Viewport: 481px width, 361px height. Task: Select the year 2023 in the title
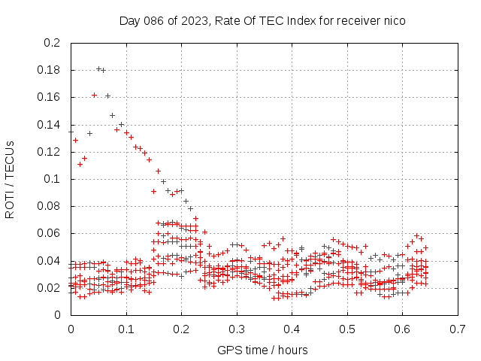point(194,21)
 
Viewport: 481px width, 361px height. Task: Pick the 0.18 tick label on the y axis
point(48,70)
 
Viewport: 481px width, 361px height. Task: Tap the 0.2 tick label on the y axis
point(52,43)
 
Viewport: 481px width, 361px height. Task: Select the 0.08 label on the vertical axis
point(48,206)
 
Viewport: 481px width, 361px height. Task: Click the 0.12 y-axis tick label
point(48,152)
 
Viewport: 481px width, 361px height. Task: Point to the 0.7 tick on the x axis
point(458,329)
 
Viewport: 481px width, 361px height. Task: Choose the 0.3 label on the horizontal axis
point(237,329)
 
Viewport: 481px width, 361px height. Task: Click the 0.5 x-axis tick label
point(347,329)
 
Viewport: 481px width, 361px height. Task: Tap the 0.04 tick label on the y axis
point(48,261)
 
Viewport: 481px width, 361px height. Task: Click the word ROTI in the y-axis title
point(10,205)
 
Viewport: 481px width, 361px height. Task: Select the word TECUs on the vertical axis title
point(10,160)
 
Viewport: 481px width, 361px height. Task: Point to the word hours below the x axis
point(292,350)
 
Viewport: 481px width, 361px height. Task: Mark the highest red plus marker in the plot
point(98,68)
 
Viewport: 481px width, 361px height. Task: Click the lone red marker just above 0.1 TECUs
point(159,171)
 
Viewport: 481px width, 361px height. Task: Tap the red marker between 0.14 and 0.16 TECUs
point(112,115)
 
